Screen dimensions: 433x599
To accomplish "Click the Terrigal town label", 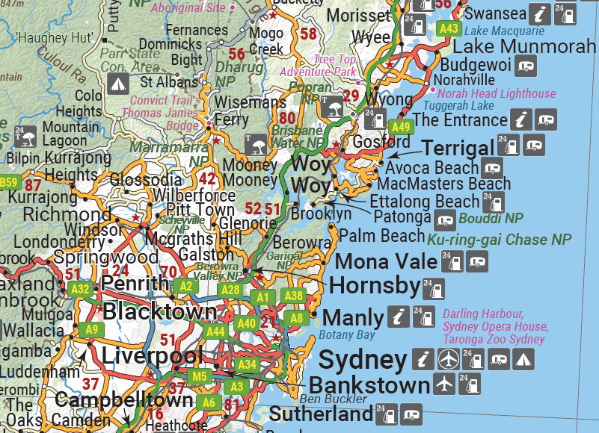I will tap(458, 147).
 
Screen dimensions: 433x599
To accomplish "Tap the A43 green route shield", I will tap(449, 28).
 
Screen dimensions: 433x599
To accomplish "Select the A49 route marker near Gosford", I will tap(402, 126).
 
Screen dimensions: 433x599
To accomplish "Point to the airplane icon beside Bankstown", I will tap(443, 384).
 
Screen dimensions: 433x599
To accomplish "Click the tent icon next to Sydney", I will tap(523, 360).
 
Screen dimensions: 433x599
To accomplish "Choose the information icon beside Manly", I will tap(399, 317).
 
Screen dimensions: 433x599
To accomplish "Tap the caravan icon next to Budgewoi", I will tap(526, 66).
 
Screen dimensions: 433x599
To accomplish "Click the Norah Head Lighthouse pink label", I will tap(497, 93).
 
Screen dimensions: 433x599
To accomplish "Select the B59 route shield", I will tap(8, 182).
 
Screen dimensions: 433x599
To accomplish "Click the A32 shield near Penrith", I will tap(79, 288).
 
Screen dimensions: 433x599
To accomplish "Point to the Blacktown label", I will tap(159, 312).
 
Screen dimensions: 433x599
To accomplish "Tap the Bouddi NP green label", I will tap(491, 219).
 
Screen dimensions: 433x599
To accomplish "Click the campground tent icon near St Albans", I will tap(117, 83).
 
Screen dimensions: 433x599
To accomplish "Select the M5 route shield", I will tap(198, 376).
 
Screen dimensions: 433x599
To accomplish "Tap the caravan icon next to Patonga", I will tap(446, 219).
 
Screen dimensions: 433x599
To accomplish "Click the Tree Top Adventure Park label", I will tap(324, 66).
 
